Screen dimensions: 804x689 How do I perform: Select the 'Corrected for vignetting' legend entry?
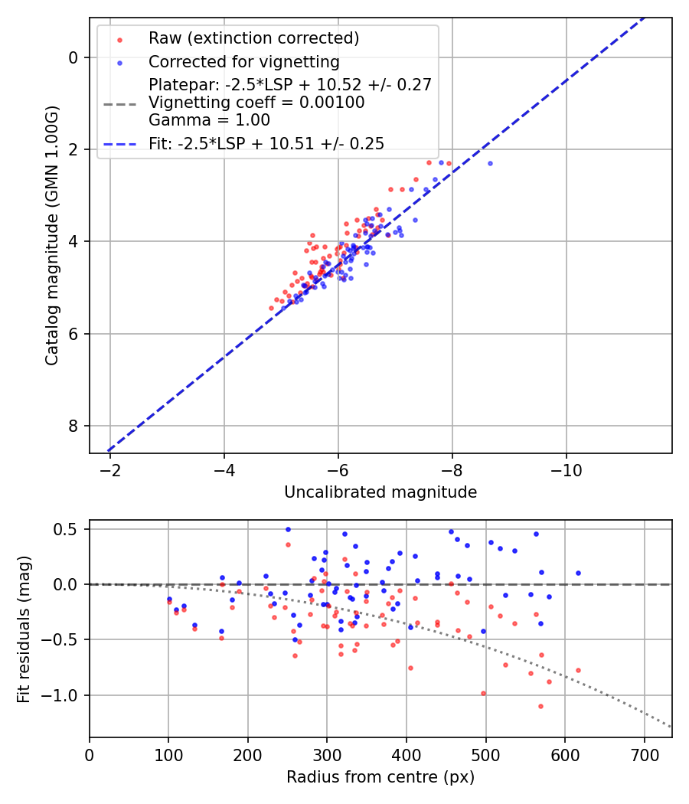click(243, 61)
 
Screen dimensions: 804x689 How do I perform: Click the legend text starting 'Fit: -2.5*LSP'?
click(266, 143)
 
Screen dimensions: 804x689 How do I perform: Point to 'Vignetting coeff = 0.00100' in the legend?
click(256, 103)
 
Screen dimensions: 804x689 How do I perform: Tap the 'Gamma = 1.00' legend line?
click(209, 120)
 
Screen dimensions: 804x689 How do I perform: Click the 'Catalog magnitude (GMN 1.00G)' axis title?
click(51, 235)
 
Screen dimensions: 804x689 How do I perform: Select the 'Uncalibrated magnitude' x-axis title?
click(380, 492)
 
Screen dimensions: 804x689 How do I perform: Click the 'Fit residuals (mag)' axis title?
click(24, 629)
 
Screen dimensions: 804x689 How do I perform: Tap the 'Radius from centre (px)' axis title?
click(380, 777)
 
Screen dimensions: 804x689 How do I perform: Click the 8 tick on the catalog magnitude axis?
click(73, 426)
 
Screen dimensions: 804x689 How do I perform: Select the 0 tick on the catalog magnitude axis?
click(73, 57)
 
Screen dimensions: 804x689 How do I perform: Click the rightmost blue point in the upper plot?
click(490, 163)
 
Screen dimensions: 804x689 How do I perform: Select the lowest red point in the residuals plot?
click(540, 706)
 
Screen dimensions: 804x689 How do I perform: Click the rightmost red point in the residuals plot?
click(578, 670)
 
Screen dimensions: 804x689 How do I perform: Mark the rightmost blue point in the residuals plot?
click(578, 573)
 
